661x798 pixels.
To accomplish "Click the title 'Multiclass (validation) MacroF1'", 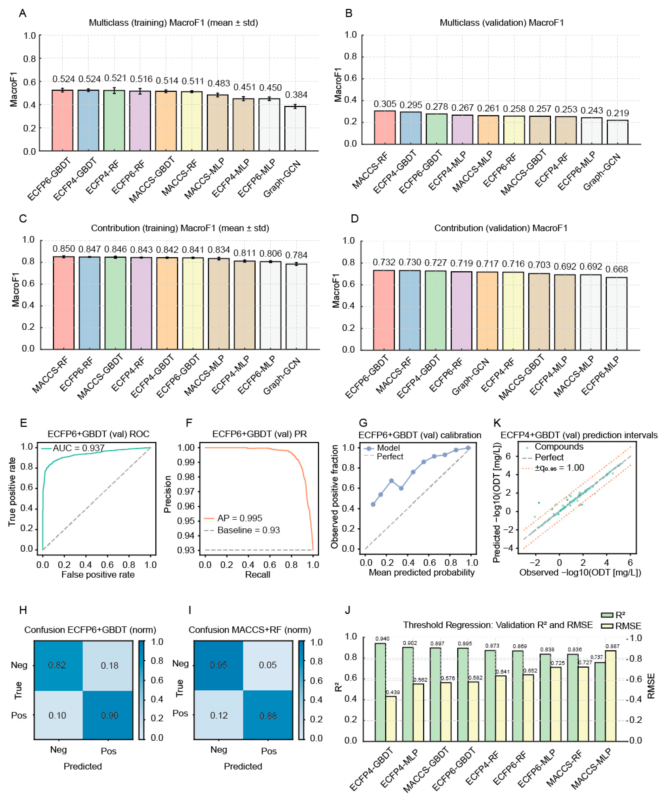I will [x=501, y=23].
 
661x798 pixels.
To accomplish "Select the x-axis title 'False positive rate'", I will [x=98, y=575].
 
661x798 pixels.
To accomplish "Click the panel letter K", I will [x=497, y=423].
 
